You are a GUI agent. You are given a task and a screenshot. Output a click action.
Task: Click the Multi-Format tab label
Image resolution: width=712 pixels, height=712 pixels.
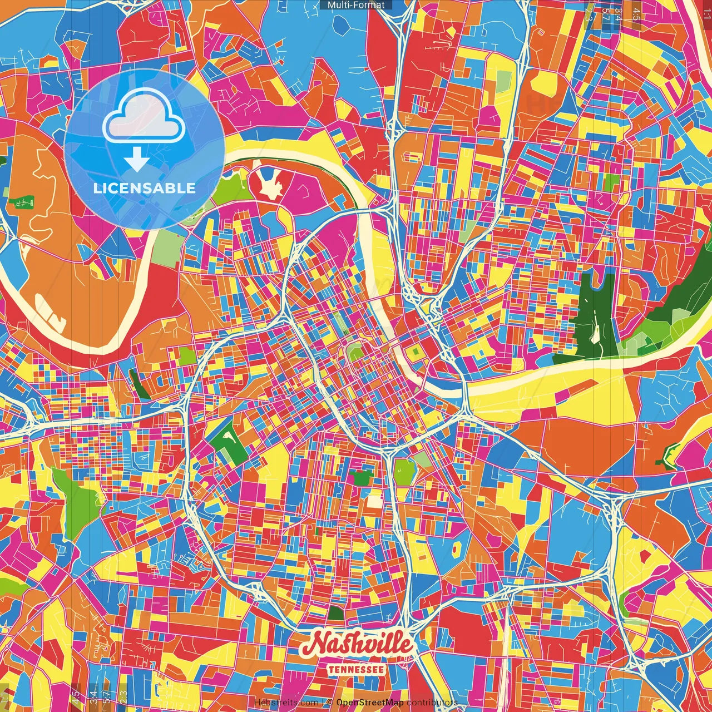pyautogui.click(x=356, y=5)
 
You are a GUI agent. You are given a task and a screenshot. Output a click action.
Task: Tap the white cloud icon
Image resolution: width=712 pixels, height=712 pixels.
pyautogui.click(x=144, y=116)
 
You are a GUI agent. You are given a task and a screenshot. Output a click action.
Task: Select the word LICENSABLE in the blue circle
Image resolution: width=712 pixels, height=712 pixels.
pyautogui.click(x=144, y=188)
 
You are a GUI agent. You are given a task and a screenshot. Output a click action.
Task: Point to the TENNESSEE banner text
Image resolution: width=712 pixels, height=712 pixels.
pyautogui.click(x=356, y=669)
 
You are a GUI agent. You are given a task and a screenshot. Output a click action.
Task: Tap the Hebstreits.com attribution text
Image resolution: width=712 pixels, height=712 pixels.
pyautogui.click(x=286, y=703)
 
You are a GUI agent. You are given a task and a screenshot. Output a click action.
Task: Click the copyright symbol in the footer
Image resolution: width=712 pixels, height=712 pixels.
pyautogui.click(x=329, y=703)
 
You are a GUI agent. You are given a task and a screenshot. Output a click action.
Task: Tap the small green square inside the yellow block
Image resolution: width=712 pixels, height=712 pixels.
pyautogui.click(x=414, y=352)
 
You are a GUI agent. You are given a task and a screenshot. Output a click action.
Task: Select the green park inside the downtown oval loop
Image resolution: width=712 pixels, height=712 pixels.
pyautogui.click(x=354, y=350)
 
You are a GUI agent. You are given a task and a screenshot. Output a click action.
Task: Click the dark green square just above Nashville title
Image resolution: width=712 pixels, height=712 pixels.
pyautogui.click(x=336, y=614)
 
